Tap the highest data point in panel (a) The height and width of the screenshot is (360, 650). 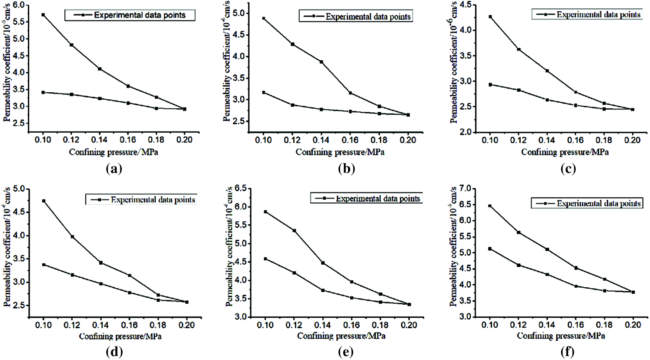[43, 15]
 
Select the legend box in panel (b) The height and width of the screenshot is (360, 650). [355, 17]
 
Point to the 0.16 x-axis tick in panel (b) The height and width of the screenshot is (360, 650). [350, 140]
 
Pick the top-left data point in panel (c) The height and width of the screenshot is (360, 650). [490, 17]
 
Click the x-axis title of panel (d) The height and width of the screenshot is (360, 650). [121, 336]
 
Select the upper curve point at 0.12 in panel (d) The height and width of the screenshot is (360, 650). [72, 237]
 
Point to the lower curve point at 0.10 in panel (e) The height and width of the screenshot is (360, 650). [265, 259]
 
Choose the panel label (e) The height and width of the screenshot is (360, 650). [345, 352]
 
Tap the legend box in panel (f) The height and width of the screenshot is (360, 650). [586, 203]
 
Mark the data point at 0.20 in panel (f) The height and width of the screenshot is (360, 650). [633, 292]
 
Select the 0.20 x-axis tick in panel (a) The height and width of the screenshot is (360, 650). [184, 140]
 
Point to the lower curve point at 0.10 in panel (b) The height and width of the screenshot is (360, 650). [264, 92]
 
